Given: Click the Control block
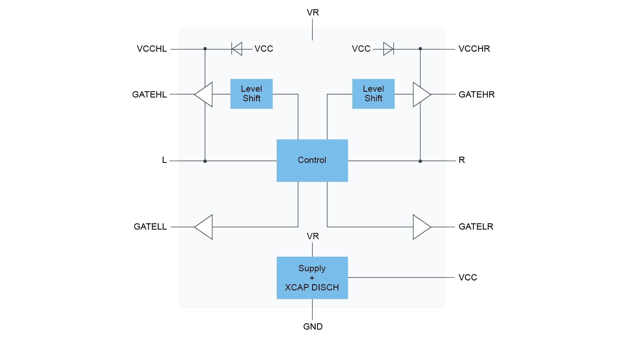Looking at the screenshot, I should tap(312, 160).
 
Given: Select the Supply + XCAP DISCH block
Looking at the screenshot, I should tap(312, 277).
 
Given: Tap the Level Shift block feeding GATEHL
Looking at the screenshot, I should tap(251, 94).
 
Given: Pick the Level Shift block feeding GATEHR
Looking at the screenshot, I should tap(373, 94).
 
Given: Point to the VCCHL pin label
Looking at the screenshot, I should tap(152, 49).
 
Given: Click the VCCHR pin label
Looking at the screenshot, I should tap(474, 49).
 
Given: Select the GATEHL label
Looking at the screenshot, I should tap(149, 95).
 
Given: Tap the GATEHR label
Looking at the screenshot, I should tap(477, 95).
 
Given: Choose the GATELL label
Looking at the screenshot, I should tap(150, 227).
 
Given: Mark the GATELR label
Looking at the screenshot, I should tap(476, 227).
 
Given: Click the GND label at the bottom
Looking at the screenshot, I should tap(313, 327).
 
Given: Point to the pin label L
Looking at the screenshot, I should tap(164, 160).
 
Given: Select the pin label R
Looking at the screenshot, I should tap(462, 160).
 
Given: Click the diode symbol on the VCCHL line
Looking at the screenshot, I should tap(237, 49).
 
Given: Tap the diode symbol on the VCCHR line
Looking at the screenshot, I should tap(388, 49).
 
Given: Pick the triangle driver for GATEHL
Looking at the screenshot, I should tap(204, 95).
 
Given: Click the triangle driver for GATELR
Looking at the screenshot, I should tap(421, 227).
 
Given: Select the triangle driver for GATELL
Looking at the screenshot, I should tap(204, 227).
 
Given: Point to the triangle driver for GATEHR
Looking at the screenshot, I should tap(421, 95).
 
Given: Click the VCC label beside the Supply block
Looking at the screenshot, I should tap(467, 277).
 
